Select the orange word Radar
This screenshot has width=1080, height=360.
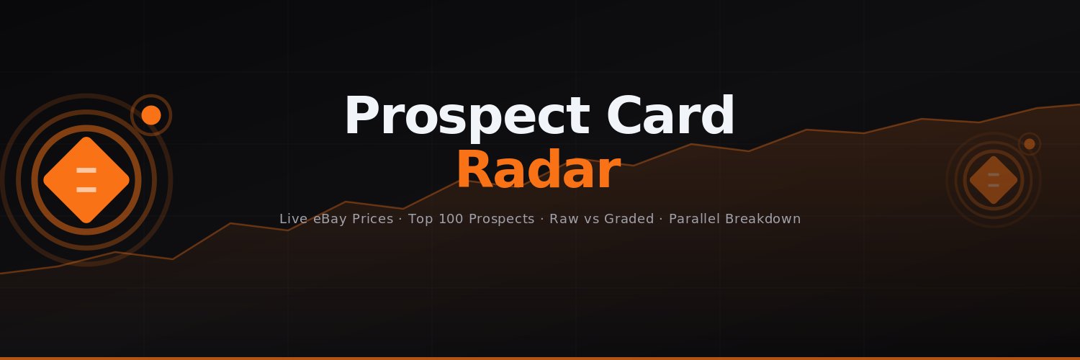pos(538,171)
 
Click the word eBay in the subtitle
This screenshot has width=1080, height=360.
pos(333,219)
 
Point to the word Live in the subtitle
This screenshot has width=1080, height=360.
pos(293,219)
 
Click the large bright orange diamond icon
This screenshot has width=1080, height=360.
pos(86,180)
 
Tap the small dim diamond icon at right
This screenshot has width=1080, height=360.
pos(994,180)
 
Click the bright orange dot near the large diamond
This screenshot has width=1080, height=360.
pos(151,115)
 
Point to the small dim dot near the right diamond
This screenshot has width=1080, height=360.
pos(1030,144)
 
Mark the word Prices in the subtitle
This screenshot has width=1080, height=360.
pos(376,219)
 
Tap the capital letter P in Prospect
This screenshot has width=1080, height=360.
pos(361,117)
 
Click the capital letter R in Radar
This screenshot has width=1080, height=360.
pos(473,171)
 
